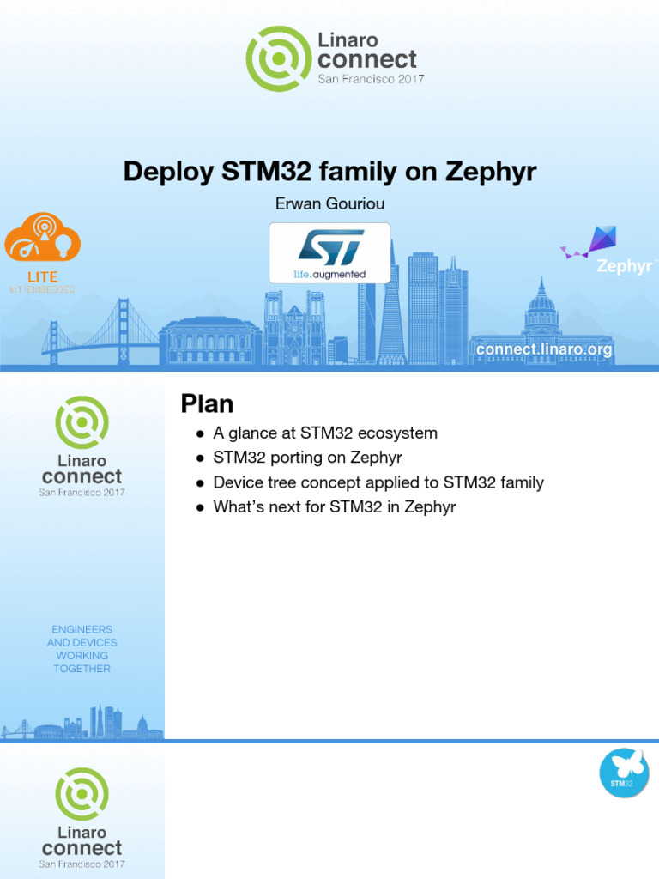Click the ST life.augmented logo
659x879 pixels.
coord(330,253)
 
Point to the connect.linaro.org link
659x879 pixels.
coord(544,349)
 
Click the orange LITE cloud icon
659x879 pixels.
coord(42,238)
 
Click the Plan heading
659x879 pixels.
coord(207,403)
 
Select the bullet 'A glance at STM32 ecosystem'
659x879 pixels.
coord(325,433)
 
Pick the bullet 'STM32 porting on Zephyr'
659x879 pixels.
coord(307,458)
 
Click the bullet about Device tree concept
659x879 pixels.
coord(378,482)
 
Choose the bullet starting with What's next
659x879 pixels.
coord(335,507)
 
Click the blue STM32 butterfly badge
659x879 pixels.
coord(623,773)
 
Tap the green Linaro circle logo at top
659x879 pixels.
coord(275,58)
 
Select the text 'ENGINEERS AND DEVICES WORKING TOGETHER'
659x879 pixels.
coord(82,649)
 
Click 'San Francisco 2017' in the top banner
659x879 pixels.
coord(371,79)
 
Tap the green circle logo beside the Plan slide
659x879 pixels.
coord(82,422)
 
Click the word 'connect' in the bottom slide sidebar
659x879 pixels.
coord(82,848)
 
